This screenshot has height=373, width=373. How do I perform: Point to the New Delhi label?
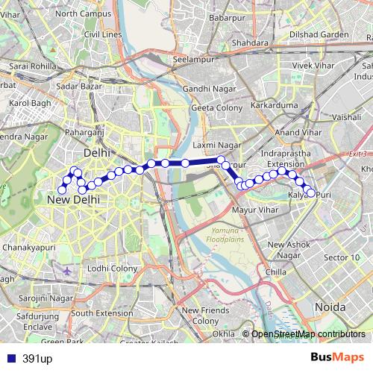(x=73, y=201)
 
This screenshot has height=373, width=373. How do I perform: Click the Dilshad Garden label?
(x=319, y=34)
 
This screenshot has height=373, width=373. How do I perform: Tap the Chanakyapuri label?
(x=29, y=246)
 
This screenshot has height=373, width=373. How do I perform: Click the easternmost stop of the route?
(x=311, y=193)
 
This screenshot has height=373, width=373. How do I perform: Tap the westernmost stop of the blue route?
(x=62, y=189)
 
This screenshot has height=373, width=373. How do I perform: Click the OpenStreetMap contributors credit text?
(x=307, y=333)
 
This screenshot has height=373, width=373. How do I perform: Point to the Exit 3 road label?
(x=358, y=154)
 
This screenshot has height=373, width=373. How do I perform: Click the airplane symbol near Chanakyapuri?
(x=69, y=270)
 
